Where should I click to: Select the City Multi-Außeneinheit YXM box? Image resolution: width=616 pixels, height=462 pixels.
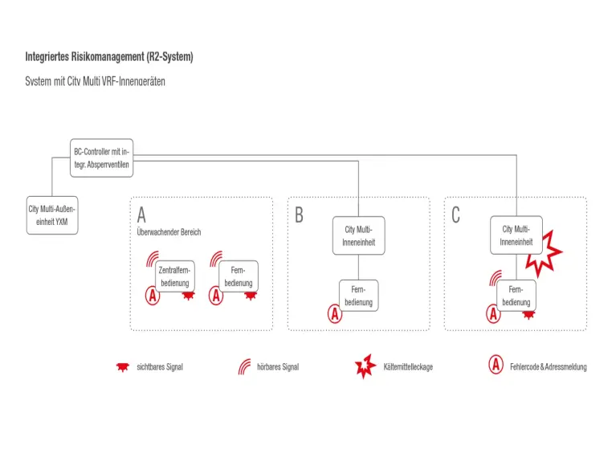[53, 215]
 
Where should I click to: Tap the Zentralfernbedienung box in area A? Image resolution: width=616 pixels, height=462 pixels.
[174, 276]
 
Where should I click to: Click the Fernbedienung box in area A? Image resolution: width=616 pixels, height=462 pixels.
[239, 276]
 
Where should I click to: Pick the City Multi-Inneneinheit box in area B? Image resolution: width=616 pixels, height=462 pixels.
[359, 235]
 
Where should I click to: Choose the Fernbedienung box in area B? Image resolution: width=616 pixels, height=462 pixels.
[359, 295]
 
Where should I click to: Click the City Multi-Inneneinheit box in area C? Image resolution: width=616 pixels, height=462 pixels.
[516, 235]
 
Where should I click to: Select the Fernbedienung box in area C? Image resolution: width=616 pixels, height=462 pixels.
[516, 295]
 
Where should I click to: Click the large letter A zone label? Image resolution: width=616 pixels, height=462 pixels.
[142, 215]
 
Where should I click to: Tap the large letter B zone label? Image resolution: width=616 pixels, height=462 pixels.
[299, 215]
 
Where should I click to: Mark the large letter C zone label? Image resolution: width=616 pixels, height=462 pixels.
[456, 215]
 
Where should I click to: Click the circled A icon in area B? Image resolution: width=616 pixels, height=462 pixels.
[335, 314]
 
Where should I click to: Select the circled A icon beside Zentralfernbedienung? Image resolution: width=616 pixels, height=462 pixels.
[152, 296]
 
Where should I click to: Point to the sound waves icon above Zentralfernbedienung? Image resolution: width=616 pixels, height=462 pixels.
[152, 259]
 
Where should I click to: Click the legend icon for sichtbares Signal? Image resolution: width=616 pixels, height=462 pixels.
[122, 366]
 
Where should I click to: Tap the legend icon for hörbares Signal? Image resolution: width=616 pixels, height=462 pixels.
[243, 366]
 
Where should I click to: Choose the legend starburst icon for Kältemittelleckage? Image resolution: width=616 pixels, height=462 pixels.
[365, 366]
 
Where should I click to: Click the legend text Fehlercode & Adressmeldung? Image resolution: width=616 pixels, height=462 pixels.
[548, 367]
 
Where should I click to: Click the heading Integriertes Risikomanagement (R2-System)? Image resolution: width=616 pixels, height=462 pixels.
[109, 57]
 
